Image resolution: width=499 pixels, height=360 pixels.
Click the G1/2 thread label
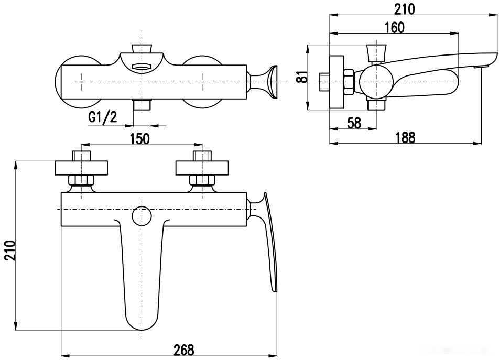point(102,117)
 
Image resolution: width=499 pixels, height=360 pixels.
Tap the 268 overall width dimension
point(183,350)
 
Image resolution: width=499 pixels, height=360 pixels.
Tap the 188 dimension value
point(404,137)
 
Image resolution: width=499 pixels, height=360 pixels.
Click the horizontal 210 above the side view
point(404,9)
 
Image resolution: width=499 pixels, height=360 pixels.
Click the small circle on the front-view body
point(142,216)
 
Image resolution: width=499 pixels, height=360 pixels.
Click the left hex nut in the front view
point(81,181)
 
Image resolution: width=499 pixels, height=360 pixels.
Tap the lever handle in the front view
point(270,241)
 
